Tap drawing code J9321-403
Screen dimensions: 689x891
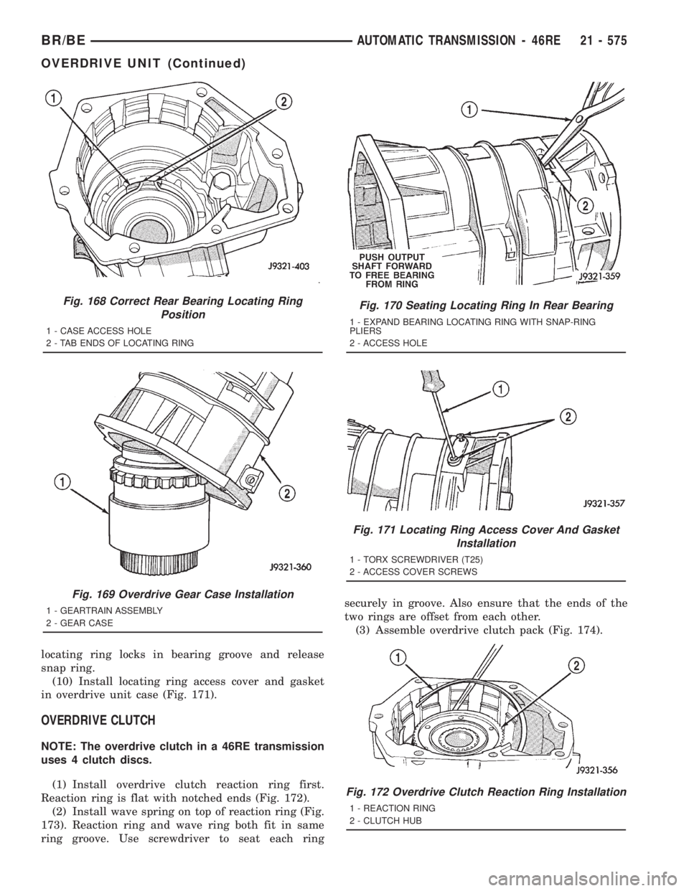pyautogui.click(x=279, y=265)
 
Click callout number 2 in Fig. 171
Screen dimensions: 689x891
pyautogui.click(x=568, y=417)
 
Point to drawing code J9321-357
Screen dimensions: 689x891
pyautogui.click(x=595, y=506)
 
